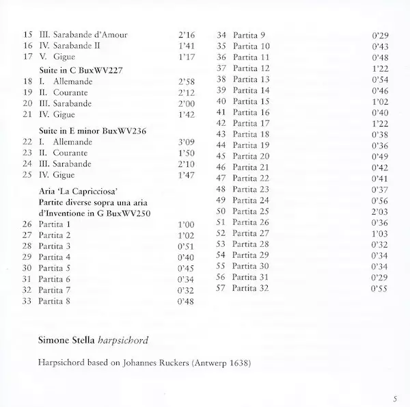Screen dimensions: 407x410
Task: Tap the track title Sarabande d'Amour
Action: [x=90, y=34]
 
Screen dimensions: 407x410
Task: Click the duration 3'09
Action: [x=187, y=141]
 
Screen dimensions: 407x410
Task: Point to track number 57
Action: [x=221, y=289]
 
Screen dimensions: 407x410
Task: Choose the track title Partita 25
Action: [x=252, y=211]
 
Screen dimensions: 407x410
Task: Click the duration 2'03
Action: [x=379, y=211]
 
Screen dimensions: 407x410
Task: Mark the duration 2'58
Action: [x=187, y=81]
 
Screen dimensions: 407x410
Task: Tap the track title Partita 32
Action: [x=252, y=289]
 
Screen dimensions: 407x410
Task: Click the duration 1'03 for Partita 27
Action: [x=379, y=233]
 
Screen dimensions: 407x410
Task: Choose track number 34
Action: [x=221, y=34]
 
